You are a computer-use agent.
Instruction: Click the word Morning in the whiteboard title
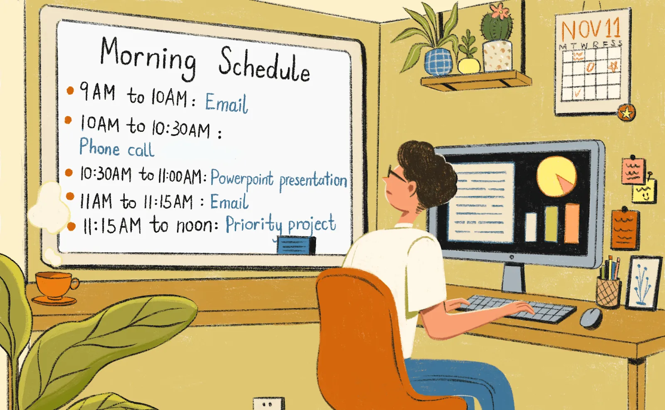click(148, 58)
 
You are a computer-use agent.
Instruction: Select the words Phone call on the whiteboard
click(117, 148)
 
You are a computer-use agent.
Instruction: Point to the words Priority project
click(281, 225)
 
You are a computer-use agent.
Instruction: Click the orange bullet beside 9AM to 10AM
click(70, 90)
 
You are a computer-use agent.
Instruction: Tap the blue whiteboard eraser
click(296, 245)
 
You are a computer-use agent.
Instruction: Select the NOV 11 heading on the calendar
click(591, 29)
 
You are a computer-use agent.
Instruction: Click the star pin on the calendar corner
click(626, 113)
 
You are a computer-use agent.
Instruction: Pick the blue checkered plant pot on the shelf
click(438, 62)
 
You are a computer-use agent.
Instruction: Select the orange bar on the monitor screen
click(572, 223)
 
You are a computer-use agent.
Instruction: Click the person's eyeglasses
click(396, 174)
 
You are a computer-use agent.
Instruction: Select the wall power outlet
click(268, 404)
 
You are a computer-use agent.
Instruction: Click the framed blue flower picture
click(643, 282)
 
